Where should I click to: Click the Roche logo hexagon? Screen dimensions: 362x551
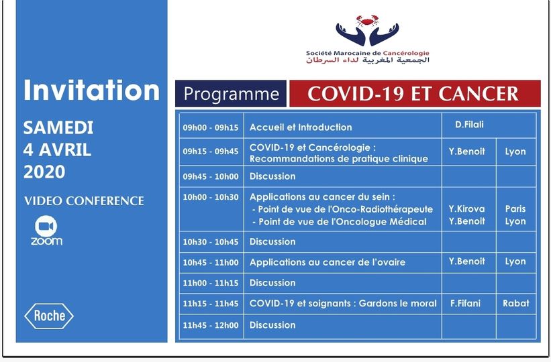[49, 315]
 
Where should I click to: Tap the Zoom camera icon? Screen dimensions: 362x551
[46, 225]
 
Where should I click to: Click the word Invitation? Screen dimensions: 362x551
[91, 90]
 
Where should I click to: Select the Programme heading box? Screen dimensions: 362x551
[231, 94]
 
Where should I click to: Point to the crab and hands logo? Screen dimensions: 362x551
[367, 30]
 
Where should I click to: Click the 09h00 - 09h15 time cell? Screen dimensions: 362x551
[210, 127]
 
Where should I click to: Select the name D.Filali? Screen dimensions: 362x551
[468, 124]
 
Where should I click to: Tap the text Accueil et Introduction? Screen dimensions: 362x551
[301, 127]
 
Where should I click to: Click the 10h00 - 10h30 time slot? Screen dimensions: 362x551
[210, 196]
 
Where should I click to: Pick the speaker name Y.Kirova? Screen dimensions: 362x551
[466, 208]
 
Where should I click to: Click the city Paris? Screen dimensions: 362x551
[515, 208]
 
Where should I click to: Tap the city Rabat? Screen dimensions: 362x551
[515, 303]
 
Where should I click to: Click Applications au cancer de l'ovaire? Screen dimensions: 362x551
[328, 262]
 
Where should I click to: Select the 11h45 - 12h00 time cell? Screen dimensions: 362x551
[210, 325]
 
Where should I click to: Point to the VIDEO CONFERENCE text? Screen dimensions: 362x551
[84, 201]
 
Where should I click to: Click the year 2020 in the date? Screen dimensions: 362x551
[44, 172]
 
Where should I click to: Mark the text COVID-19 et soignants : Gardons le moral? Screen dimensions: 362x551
[343, 303]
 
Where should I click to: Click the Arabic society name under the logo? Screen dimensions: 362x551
[368, 61]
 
